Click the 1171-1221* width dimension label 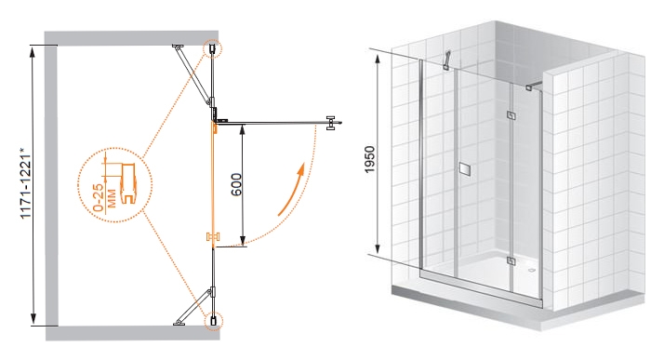26,183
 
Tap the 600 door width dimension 236,184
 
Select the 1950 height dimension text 370,159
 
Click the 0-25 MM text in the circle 104,198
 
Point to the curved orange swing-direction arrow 292,190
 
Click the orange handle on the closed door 214,237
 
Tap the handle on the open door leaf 331,123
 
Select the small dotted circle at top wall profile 213,48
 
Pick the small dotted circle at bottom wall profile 213,321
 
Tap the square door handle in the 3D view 465,168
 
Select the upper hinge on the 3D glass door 511,115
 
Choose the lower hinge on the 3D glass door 511,260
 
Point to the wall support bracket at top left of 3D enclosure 446,60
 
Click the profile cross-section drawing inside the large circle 128,184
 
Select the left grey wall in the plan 51,185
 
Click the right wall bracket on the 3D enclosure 535,86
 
